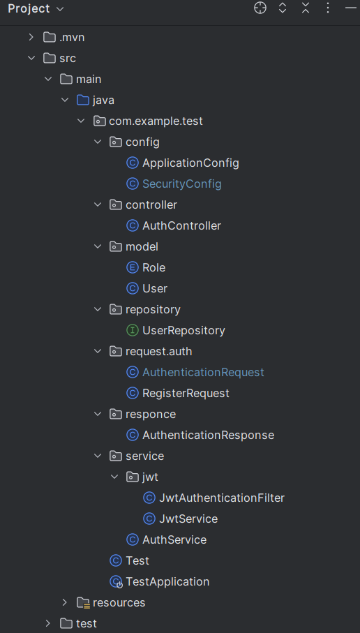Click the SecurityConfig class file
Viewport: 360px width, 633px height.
coord(181,184)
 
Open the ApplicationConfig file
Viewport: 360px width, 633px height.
coord(190,163)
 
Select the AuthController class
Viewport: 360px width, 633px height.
coord(181,225)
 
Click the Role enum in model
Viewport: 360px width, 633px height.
coord(153,267)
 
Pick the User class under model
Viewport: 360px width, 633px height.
coord(154,288)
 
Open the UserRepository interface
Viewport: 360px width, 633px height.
coord(183,330)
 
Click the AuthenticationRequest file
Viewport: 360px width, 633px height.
coord(203,372)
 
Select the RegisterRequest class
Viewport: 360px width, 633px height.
coord(186,393)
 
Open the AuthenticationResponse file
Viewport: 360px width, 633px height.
coord(208,435)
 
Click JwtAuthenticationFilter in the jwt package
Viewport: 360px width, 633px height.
coord(222,498)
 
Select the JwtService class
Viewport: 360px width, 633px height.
coord(188,519)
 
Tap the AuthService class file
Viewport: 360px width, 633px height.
coord(174,539)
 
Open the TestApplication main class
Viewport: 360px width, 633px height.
coord(167,581)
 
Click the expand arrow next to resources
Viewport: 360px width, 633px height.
coord(64,602)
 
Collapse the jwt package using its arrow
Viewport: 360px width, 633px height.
coord(114,477)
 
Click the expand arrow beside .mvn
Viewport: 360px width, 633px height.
coord(31,37)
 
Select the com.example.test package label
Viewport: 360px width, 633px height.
coord(156,121)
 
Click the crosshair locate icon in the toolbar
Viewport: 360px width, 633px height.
coord(260,8)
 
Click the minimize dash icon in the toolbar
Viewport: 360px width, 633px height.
coord(350,8)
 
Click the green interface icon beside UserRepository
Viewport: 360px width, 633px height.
coord(132,330)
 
